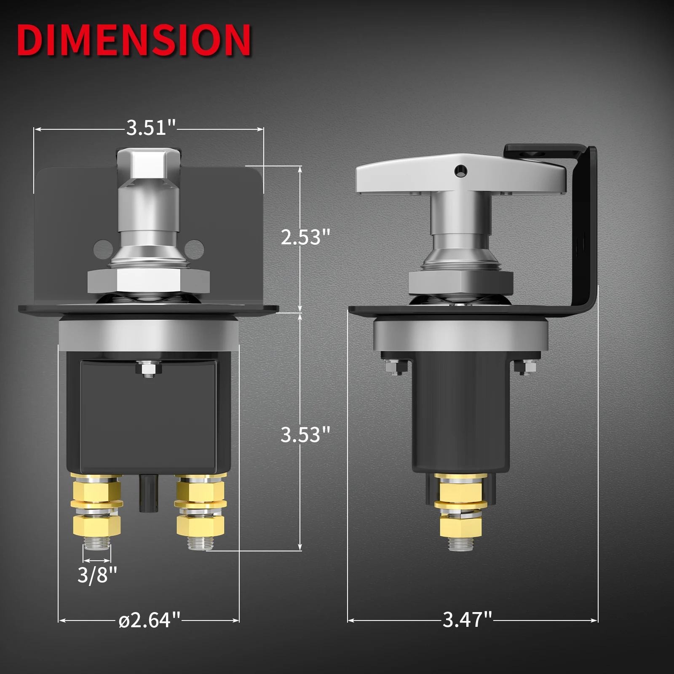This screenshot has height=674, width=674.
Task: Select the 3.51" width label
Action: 151,127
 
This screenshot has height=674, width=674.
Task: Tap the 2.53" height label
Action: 305,237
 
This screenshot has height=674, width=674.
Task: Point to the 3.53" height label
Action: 305,434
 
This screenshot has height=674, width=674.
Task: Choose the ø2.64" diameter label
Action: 150,620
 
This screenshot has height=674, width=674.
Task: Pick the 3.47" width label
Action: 467,619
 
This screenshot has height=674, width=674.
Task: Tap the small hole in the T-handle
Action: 461,171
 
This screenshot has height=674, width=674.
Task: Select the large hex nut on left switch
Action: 148,281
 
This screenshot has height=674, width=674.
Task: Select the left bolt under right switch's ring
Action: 396,368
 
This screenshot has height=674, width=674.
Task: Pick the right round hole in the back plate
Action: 194,249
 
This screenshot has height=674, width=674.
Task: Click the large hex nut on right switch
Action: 461,282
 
